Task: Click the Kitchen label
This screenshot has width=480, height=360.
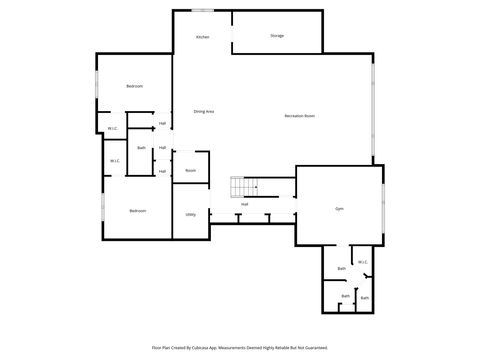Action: pos(202,37)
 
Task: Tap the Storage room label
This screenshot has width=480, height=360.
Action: pos(277,36)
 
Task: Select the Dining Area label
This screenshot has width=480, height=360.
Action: pos(204,111)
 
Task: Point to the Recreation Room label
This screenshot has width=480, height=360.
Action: pos(299,116)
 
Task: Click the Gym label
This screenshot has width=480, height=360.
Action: pos(340,208)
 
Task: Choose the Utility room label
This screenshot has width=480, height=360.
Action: pos(190,215)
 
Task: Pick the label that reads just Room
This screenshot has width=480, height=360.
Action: pos(190,170)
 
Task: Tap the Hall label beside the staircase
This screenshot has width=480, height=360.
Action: pos(244,204)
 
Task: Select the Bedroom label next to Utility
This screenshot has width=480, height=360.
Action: pos(138,210)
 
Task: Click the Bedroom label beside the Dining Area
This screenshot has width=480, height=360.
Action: pos(135,87)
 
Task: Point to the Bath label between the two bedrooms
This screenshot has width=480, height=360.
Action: pos(141,148)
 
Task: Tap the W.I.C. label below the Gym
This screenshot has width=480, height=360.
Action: pos(362,262)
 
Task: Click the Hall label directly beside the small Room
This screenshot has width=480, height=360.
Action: pos(162,171)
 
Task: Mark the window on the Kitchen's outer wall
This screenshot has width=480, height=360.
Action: pos(203,10)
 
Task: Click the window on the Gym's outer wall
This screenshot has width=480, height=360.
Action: pos(383,206)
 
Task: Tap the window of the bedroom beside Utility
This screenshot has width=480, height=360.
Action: pos(102,210)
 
